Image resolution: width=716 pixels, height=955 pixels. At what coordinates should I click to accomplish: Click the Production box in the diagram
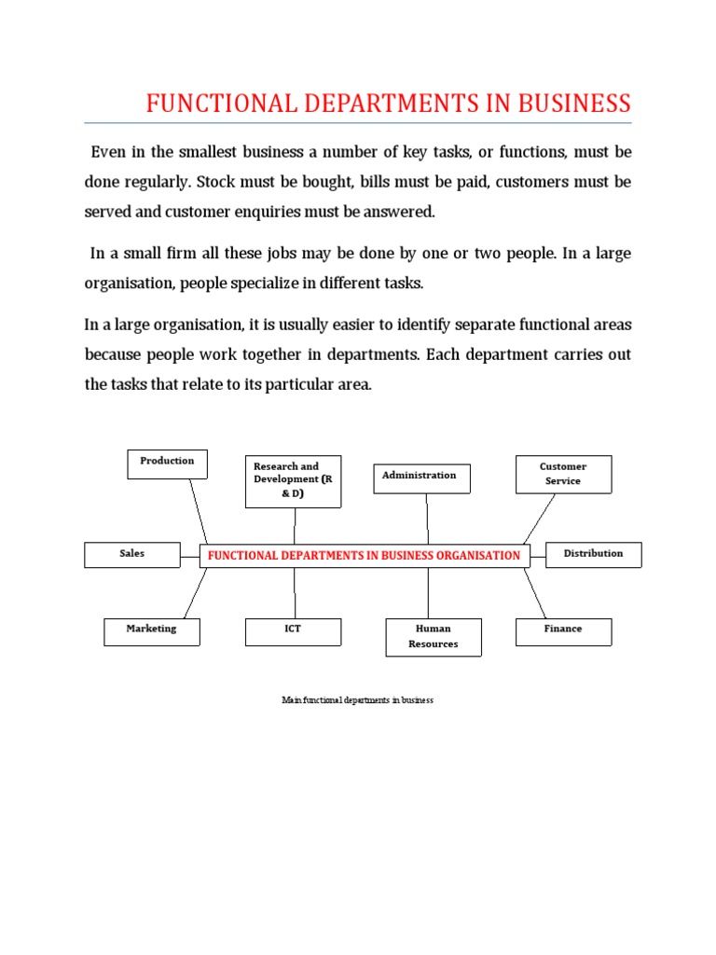click(167, 464)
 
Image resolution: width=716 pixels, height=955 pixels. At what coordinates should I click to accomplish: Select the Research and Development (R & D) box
click(293, 481)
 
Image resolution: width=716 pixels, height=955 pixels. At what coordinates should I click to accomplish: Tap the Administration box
click(421, 477)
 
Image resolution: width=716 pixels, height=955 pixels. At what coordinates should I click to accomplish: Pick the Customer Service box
click(563, 475)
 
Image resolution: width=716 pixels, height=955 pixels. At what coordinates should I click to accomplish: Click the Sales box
click(131, 554)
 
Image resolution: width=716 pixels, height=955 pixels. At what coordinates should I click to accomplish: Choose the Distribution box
click(593, 554)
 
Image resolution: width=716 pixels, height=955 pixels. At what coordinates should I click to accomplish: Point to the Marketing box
click(151, 631)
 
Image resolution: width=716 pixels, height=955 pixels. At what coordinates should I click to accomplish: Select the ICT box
click(293, 631)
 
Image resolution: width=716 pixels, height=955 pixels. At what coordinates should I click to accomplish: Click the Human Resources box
click(434, 637)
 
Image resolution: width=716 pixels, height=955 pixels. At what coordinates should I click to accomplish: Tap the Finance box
click(563, 631)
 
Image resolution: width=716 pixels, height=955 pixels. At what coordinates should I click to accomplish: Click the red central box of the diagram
click(365, 556)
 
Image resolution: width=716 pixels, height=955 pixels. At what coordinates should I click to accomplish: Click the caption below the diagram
click(357, 700)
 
